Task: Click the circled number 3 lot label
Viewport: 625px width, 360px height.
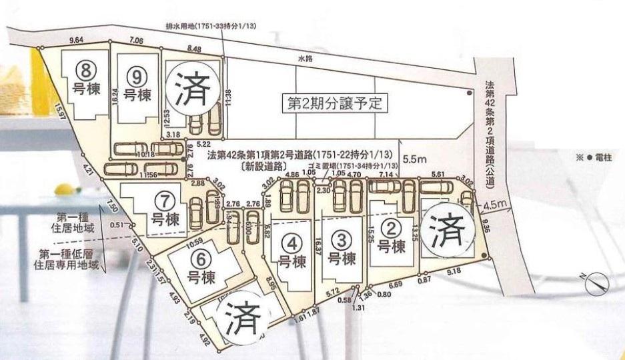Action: pyautogui.click(x=340, y=238)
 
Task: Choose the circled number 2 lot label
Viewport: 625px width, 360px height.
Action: pyautogui.click(x=393, y=228)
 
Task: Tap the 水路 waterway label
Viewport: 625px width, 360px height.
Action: pyautogui.click(x=304, y=59)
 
